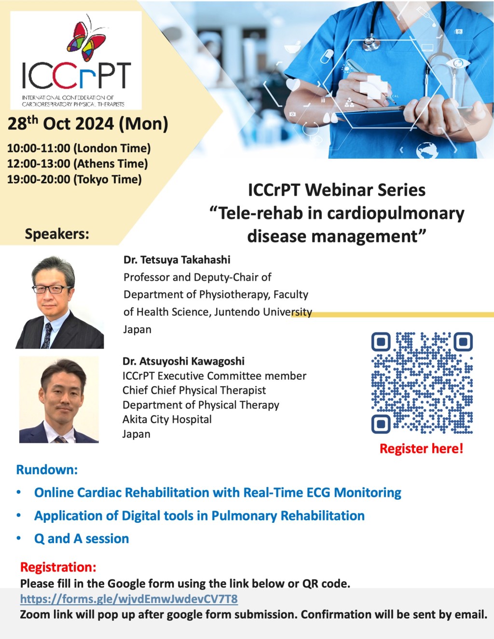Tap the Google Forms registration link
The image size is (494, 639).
(x=129, y=599)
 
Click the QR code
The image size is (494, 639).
(x=422, y=383)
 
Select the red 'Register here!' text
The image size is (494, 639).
(x=421, y=449)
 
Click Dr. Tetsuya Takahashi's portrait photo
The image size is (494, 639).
(x=59, y=302)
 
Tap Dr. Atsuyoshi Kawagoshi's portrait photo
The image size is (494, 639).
(x=59, y=400)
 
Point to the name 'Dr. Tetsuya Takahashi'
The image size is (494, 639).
(x=177, y=260)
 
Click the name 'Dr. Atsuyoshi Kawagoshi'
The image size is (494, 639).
(x=183, y=361)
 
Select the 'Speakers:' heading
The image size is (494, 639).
(x=57, y=234)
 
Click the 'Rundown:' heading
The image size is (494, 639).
(x=47, y=469)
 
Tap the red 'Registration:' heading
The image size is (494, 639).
(x=58, y=567)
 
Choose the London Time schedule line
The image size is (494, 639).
(x=79, y=148)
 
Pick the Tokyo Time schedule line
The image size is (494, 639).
(x=74, y=179)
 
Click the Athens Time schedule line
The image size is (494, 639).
(x=77, y=163)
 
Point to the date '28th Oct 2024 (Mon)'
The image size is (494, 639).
(x=88, y=124)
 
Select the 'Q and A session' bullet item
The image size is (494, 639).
(x=82, y=539)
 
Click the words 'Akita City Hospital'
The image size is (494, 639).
(x=167, y=420)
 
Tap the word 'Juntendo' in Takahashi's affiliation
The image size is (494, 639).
(x=237, y=312)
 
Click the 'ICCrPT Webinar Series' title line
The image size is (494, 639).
(x=337, y=190)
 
